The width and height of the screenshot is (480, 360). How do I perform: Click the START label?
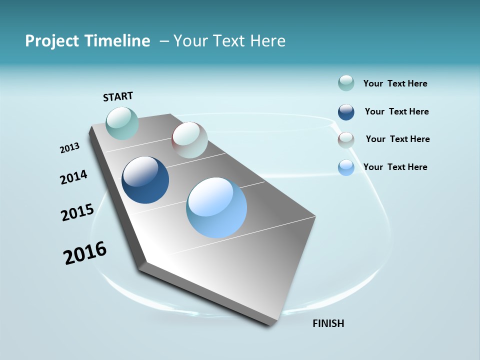118,96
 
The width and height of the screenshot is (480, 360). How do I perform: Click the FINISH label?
328,323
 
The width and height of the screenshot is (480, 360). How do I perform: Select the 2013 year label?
69,147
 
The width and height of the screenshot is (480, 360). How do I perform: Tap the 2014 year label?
73,177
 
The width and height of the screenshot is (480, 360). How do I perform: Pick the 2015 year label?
77,212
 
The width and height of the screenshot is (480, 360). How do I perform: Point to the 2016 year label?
85,252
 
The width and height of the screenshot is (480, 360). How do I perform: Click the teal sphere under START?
122,123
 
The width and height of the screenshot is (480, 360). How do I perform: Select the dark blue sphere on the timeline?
145,180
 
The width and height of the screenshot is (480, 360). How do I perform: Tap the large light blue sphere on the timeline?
216,207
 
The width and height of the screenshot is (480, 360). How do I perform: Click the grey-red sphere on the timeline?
189,140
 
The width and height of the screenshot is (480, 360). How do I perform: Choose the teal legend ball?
346,83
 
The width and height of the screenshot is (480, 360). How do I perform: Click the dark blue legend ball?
346,112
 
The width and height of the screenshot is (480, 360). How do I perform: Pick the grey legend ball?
346,140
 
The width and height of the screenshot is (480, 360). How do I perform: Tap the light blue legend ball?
346,167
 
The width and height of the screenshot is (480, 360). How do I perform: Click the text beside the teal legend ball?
395,83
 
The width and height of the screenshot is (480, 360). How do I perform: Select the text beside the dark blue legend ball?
396,111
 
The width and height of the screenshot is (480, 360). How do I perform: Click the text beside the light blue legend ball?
395,167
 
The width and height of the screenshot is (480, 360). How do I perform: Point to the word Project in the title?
52,41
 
